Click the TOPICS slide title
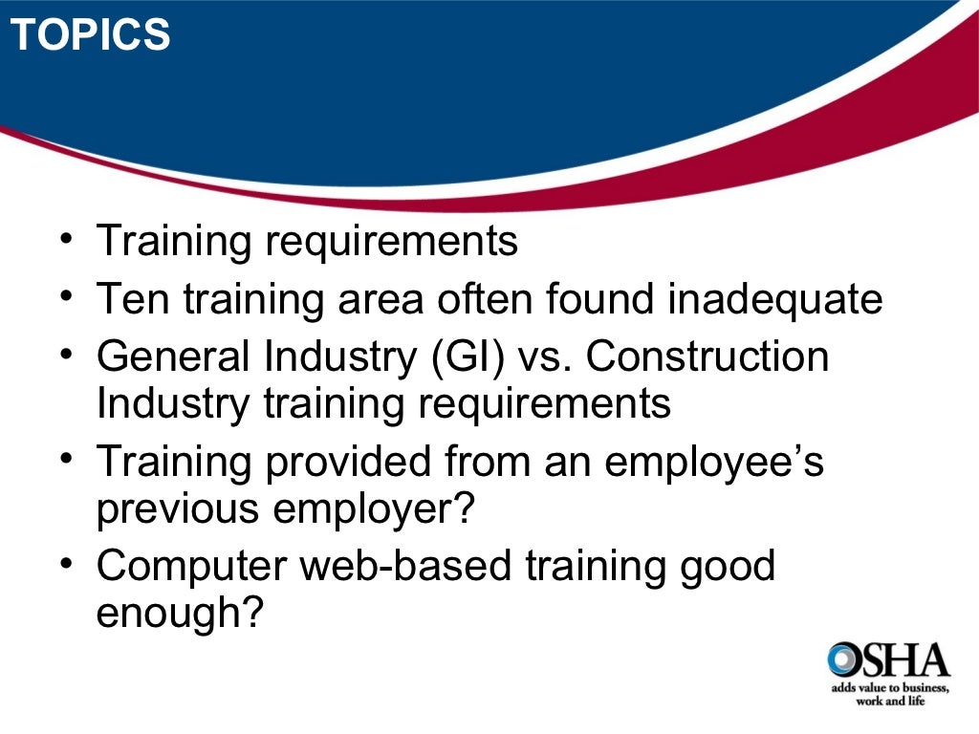(92, 36)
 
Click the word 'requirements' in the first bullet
(391, 242)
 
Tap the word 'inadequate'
(774, 299)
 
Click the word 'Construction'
(707, 357)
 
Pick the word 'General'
(173, 357)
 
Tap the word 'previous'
(177, 509)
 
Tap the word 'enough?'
(179, 614)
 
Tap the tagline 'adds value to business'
(886, 688)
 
